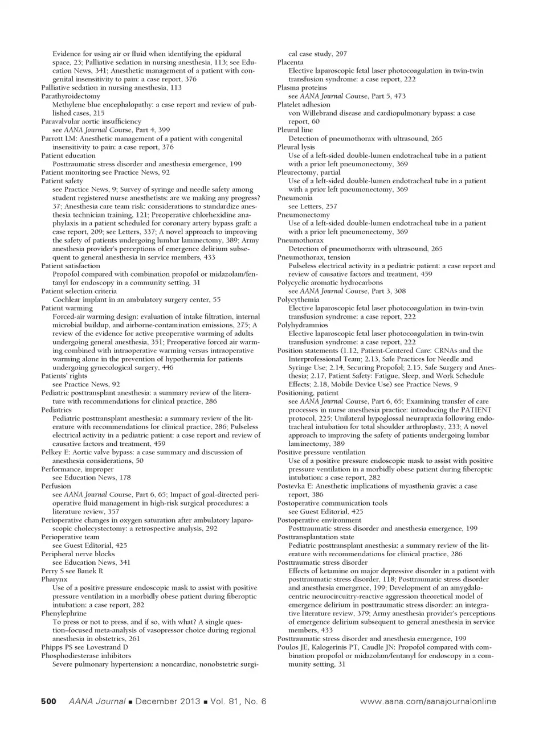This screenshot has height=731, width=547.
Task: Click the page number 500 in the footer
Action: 48,701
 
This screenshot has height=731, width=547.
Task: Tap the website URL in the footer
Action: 428,701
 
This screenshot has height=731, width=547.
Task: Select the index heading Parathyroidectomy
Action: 71,96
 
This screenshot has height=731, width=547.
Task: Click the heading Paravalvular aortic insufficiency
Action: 91,121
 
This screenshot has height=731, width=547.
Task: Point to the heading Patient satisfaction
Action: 71,265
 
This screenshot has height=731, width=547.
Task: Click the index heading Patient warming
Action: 67,308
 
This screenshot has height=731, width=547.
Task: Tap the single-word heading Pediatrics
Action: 56,409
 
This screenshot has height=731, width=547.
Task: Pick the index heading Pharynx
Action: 54,579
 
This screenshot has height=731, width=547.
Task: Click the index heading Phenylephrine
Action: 64,613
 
